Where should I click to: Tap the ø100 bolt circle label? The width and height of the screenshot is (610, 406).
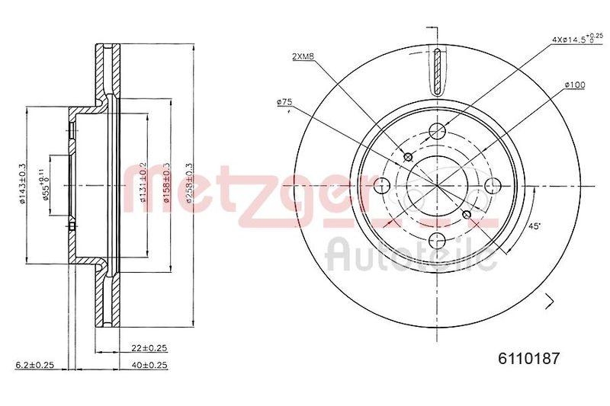click(574, 85)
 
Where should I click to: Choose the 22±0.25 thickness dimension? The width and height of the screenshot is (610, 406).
click(149, 348)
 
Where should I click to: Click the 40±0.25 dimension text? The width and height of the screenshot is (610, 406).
click(149, 366)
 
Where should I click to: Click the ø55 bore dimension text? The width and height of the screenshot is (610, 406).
click(47, 184)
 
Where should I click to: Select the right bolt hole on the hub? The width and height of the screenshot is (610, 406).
click(492, 184)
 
